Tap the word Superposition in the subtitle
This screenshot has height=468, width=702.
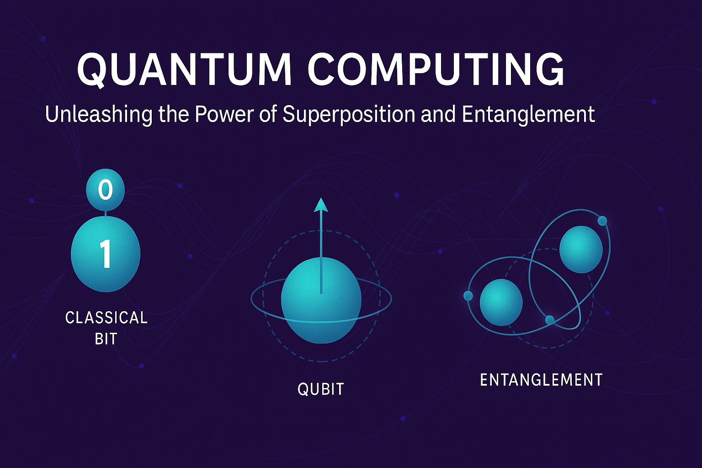(349, 114)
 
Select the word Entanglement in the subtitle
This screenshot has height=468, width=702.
(528, 114)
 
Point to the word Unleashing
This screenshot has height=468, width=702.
(99, 114)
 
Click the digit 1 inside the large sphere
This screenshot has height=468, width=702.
(106, 255)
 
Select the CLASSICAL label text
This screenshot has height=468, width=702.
(106, 318)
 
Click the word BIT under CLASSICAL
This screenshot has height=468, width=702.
(106, 339)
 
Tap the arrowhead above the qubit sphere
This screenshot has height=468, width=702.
(321, 205)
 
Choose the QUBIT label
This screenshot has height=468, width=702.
(320, 389)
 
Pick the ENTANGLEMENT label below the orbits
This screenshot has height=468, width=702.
(541, 380)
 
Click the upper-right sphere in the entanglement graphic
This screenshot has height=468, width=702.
(580, 250)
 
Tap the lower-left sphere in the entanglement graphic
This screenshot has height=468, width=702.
(501, 302)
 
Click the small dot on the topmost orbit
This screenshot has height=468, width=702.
(602, 221)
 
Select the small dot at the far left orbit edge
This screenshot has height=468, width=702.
(468, 296)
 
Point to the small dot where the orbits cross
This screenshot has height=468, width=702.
(550, 319)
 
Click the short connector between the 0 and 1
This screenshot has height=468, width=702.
(106, 213)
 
